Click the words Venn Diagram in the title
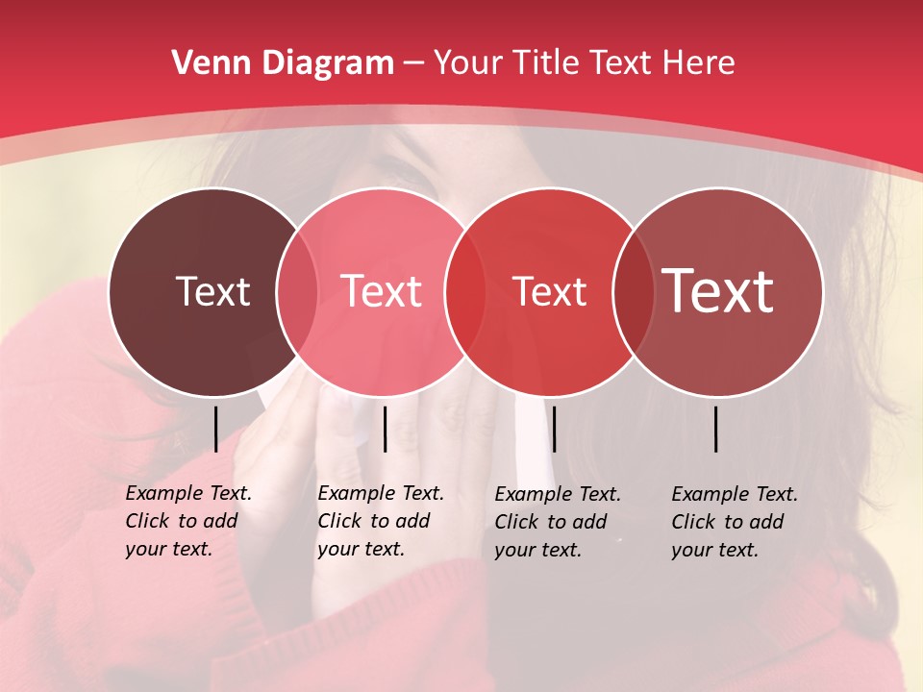tap(283, 63)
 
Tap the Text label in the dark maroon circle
tap(212, 291)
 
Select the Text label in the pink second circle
tap(381, 291)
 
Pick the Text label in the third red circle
tap(549, 291)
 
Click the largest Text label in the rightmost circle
tap(718, 290)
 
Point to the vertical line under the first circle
tap(215, 429)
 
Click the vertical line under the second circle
tap(385, 429)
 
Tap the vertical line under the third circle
tap(554, 429)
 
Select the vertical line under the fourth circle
tap(716, 429)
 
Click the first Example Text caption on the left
tap(188, 521)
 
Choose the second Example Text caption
tap(381, 521)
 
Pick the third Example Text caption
tap(558, 522)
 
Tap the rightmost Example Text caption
tap(735, 522)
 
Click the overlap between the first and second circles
tap(297, 291)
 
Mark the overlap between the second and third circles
tap(464, 291)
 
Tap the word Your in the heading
tap(468, 63)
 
